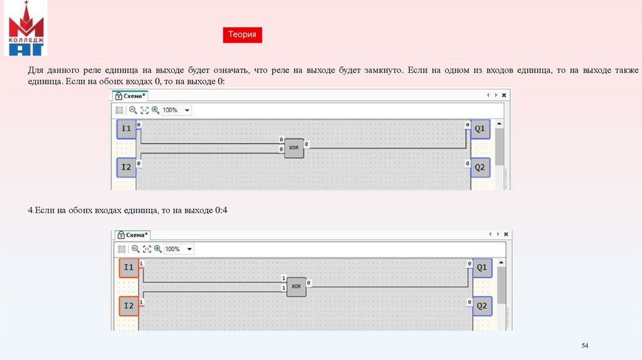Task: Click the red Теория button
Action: pos(243,35)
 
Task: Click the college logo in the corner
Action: pos(26,28)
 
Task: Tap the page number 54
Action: pos(585,346)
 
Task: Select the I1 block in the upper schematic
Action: pos(126,129)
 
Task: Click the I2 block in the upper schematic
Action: pos(126,167)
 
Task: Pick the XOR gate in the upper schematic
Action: pos(294,148)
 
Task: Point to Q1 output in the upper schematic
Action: pos(480,129)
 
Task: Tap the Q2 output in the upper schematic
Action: pos(480,167)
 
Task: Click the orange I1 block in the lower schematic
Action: pos(129,268)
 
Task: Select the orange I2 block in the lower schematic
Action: pos(129,306)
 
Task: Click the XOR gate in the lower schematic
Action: pos(296,287)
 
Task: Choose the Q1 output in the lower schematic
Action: pos(482,268)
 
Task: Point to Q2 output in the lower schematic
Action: pos(482,306)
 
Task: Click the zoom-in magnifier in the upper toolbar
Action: pos(155,110)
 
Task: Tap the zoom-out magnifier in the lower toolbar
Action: pos(135,249)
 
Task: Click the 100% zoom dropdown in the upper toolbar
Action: pos(176,110)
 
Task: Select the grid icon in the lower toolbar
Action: pos(122,249)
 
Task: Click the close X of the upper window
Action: pos(504,95)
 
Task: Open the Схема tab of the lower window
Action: pos(133,235)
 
